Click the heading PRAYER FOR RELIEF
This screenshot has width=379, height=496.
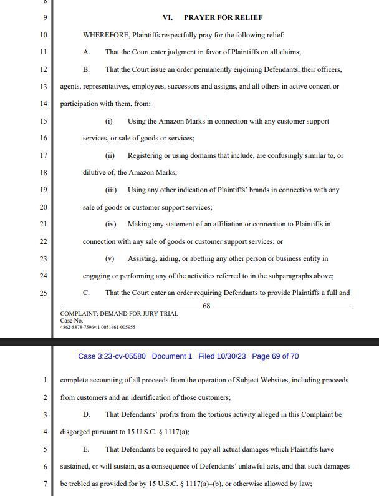coord(223,17)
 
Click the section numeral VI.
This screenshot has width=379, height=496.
coord(167,17)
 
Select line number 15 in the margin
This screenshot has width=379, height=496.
coord(43,120)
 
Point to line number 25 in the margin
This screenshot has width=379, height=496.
coord(43,293)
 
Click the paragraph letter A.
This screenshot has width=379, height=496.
coord(86,52)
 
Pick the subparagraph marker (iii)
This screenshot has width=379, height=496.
coord(111,190)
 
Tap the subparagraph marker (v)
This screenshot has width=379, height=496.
coord(110,258)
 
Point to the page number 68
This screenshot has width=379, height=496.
coord(206,306)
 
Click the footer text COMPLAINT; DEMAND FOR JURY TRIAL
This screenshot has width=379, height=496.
coord(119,314)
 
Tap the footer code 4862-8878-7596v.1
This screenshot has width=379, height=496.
coord(78,327)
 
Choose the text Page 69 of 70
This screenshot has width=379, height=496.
coord(275,356)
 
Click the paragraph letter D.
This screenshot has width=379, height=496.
coord(87,414)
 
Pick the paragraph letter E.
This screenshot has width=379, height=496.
coord(86,449)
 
